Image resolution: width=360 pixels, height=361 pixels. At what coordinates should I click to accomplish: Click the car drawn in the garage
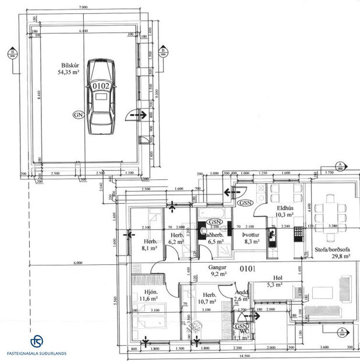(100, 96)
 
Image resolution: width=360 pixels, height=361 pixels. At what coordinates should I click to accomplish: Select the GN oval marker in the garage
(79, 115)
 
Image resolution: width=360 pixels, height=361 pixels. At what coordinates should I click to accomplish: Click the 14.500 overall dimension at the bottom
(244, 356)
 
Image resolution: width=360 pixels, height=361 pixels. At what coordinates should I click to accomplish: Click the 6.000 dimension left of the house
(77, 263)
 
